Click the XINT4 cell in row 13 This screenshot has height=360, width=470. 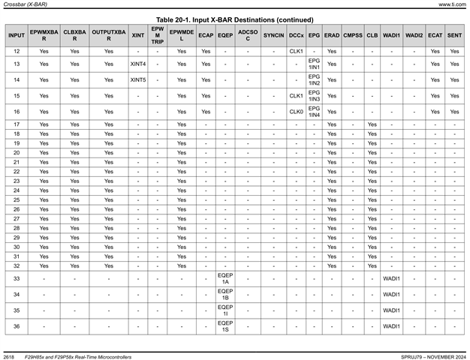tap(138, 64)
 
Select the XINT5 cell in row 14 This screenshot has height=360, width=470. tap(138, 79)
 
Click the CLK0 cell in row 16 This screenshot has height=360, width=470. tap(296, 111)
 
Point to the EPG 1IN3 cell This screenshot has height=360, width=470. tap(314, 95)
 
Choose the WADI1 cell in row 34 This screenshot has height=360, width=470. tap(391, 295)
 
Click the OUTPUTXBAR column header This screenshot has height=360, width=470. tap(109, 35)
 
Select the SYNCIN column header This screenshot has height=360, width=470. tap(274, 35)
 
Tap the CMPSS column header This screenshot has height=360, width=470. tap(353, 35)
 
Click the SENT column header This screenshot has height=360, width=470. tap(454, 35)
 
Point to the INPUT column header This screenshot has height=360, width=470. tap(17, 35)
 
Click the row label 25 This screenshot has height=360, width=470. tap(17, 200)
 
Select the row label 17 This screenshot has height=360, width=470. tap(17, 124)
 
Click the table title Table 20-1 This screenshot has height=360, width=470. tap(234, 19)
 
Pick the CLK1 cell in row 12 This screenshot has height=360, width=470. tap(296, 51)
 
